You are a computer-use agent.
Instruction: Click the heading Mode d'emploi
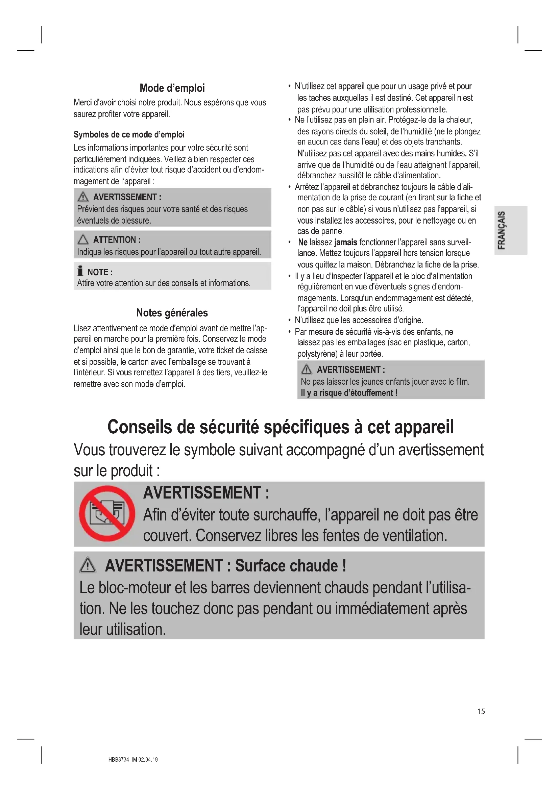(172, 88)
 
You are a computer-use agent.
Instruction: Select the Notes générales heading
(172, 313)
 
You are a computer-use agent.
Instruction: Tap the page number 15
(481, 711)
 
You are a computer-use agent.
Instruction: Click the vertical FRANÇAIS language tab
(502, 230)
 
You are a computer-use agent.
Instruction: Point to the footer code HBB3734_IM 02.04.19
(133, 759)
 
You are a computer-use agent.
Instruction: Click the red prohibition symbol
(107, 514)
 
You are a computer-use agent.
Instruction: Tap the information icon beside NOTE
(80, 271)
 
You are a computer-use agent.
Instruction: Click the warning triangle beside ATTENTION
(83, 239)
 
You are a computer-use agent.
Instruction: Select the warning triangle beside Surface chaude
(88, 565)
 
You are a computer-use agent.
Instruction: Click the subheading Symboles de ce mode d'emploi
(129, 134)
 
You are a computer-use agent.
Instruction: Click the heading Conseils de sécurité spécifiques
(280, 427)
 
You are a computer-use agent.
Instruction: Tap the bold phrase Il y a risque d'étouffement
(349, 393)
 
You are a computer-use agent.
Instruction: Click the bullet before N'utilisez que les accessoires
(290, 320)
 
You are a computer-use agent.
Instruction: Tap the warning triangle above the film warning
(306, 369)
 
